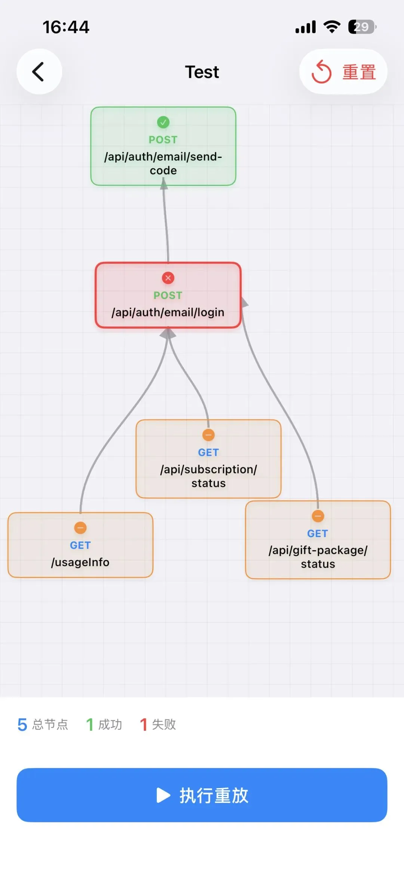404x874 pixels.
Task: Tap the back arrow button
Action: [39, 71]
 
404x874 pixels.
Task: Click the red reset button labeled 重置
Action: [343, 71]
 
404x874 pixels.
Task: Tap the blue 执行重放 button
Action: [202, 795]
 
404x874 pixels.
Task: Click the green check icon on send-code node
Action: [163, 122]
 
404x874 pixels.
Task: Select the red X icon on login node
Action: [168, 278]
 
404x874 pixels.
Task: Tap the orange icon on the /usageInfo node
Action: [80, 528]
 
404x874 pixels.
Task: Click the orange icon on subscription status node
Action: [208, 435]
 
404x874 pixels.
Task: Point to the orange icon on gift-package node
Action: [318, 516]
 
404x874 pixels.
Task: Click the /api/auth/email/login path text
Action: [168, 312]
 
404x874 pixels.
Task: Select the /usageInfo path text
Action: [80, 562]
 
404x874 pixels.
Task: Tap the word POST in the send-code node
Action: [163, 140]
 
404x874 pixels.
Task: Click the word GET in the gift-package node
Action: [318, 534]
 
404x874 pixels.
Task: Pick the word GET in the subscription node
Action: [208, 453]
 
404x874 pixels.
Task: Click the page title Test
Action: [202, 72]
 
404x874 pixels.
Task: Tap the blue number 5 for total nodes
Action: [22, 725]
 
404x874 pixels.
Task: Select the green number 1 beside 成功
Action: [90, 725]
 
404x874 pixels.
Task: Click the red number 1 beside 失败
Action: [143, 725]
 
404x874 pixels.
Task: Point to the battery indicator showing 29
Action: [362, 27]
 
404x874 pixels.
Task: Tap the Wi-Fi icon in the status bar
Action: [332, 27]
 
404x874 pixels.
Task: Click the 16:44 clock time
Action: [66, 27]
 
